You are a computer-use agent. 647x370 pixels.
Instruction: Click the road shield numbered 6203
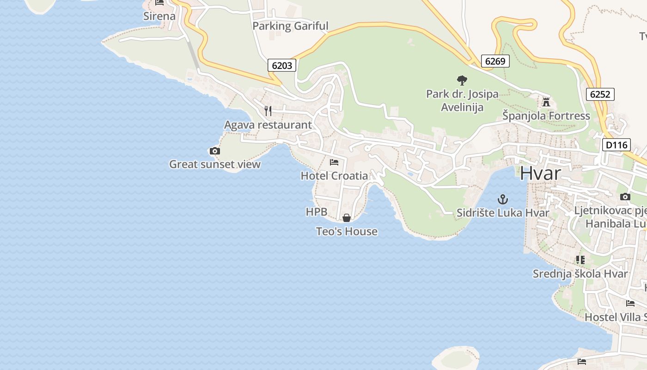pyautogui.click(x=282, y=65)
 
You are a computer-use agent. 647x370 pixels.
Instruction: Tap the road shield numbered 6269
pyautogui.click(x=495, y=61)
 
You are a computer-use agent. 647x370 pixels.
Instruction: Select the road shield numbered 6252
pyautogui.click(x=600, y=94)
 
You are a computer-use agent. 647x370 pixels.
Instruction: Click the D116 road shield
pyautogui.click(x=616, y=145)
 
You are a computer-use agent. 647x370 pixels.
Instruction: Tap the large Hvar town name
pyautogui.click(x=540, y=173)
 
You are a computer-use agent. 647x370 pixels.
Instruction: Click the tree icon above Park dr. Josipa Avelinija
pyautogui.click(x=462, y=80)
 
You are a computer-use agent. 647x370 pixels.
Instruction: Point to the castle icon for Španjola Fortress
pyautogui.click(x=546, y=102)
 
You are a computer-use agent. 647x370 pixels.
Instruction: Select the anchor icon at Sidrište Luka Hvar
pyautogui.click(x=502, y=199)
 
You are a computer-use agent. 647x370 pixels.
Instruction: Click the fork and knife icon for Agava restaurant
pyautogui.click(x=268, y=111)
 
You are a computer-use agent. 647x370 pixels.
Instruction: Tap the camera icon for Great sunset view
pyautogui.click(x=214, y=151)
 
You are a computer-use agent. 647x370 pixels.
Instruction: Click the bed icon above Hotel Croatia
pyautogui.click(x=334, y=162)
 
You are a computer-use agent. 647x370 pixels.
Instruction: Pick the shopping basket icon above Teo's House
pyautogui.click(x=347, y=218)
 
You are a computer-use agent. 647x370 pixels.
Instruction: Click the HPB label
pyautogui.click(x=317, y=212)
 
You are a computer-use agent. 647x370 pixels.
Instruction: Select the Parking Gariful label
pyautogui.click(x=290, y=26)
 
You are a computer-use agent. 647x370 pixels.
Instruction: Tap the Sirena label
pyautogui.click(x=159, y=16)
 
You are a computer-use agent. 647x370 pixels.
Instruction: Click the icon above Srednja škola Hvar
pyautogui.click(x=580, y=260)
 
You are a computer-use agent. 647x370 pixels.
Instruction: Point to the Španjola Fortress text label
pyautogui.click(x=546, y=116)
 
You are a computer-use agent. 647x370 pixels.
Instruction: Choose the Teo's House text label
pyautogui.click(x=347, y=231)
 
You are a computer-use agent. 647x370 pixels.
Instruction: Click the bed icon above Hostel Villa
pyautogui.click(x=630, y=303)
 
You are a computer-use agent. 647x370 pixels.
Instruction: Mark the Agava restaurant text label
pyautogui.click(x=268, y=125)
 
